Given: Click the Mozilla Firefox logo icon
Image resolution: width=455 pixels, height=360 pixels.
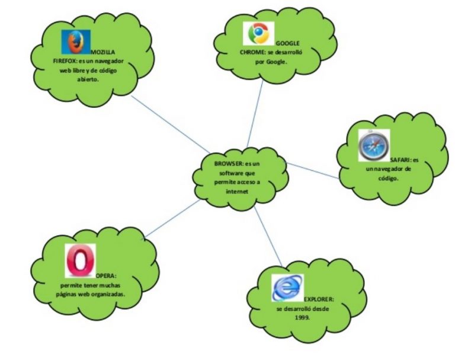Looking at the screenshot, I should (73, 42).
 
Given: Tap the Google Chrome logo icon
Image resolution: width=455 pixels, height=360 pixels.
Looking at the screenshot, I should (259, 33).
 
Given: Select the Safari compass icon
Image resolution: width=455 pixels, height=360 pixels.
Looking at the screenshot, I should (373, 146).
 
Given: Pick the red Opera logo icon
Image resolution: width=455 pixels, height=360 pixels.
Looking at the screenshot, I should (80, 260).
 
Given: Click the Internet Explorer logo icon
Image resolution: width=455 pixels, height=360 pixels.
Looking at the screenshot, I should (287, 289).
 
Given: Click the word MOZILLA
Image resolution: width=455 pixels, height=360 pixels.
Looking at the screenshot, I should (103, 52).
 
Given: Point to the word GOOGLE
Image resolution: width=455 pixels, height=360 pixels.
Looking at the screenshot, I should (287, 43).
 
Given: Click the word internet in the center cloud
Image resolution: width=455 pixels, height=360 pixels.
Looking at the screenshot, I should (237, 192).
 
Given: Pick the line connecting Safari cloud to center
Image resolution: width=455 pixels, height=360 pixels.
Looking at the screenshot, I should (314, 170).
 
